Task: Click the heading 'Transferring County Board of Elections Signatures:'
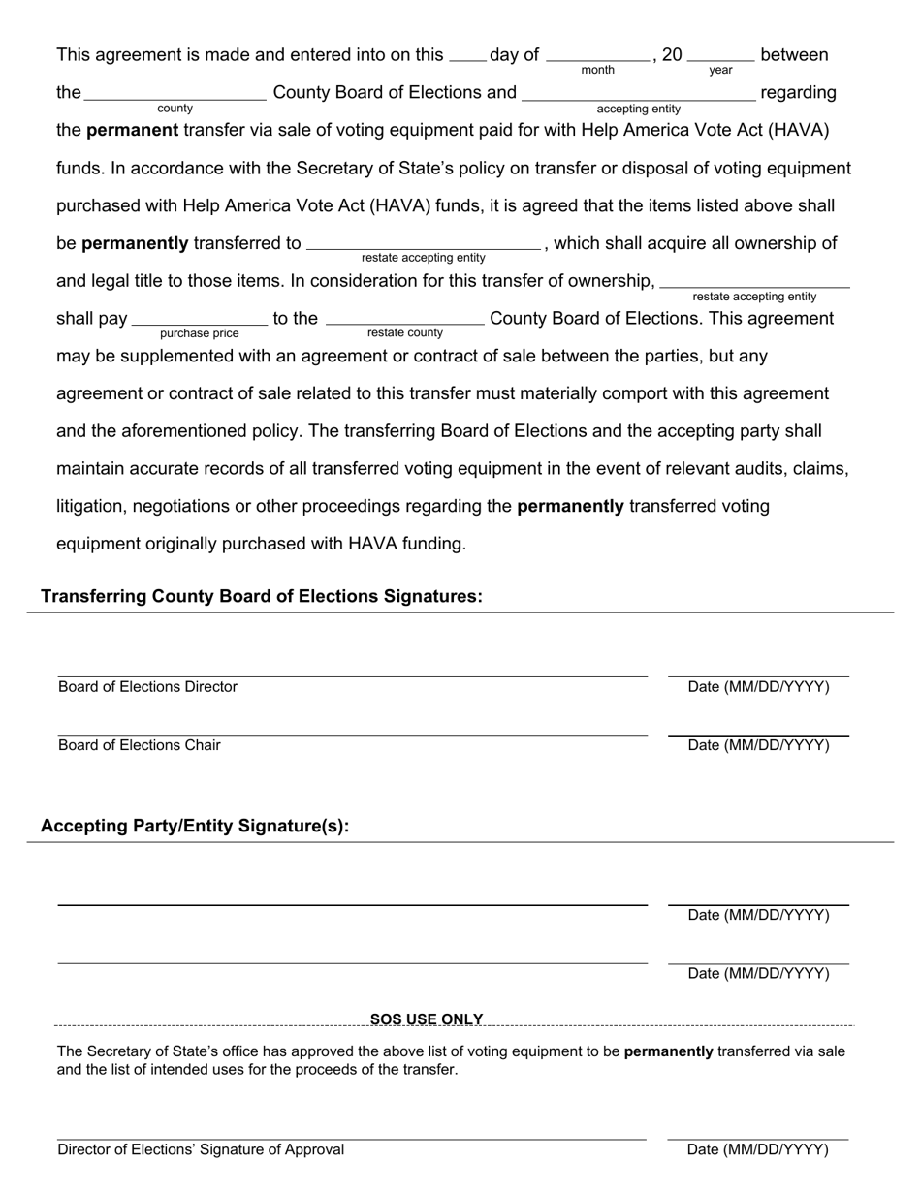click(262, 597)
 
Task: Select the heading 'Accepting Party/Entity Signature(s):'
click(195, 827)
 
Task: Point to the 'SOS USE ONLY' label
click(427, 1019)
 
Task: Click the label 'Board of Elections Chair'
click(140, 745)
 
